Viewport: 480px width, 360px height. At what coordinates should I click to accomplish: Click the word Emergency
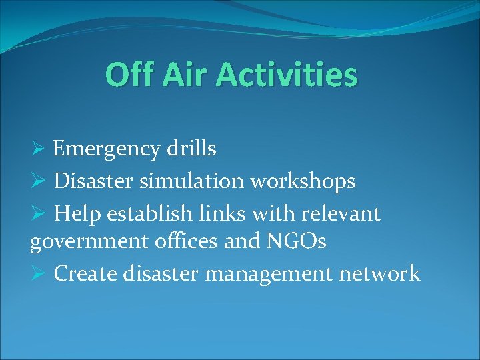pyautogui.click(x=107, y=149)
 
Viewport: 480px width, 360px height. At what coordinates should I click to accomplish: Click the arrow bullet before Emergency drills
pyautogui.click(x=39, y=149)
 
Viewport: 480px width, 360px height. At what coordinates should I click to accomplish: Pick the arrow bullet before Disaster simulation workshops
pyautogui.click(x=39, y=181)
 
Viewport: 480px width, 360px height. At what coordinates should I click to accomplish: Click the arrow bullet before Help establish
pyautogui.click(x=39, y=214)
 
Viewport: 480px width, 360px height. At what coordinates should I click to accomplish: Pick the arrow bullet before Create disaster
pyautogui.click(x=39, y=273)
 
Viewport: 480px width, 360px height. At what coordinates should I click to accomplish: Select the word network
pyautogui.click(x=383, y=273)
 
